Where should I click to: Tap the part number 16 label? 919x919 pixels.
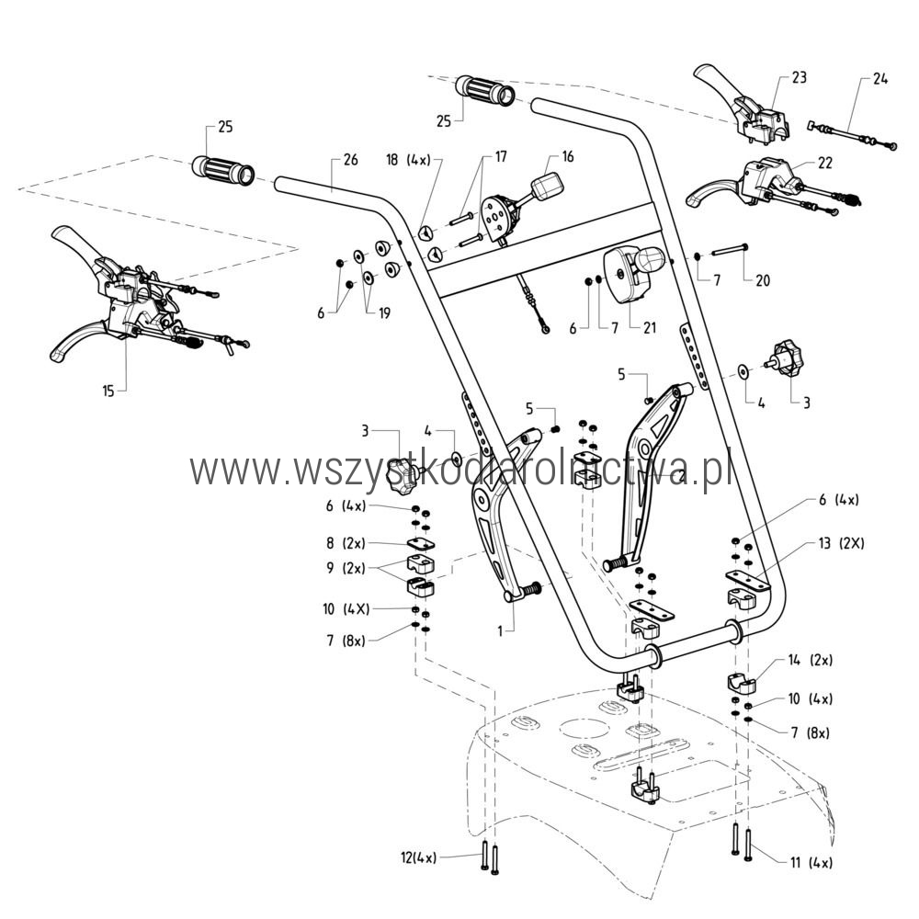[567, 157]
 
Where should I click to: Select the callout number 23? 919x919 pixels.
[799, 78]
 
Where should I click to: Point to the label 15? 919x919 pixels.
[109, 391]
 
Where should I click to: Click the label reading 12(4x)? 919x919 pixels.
[419, 857]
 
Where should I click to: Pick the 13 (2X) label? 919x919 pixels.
[840, 543]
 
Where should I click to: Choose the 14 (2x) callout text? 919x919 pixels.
[810, 660]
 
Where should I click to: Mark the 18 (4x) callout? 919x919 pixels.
[407, 159]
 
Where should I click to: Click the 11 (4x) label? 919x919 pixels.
[811, 863]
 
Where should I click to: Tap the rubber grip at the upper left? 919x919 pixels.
[221, 170]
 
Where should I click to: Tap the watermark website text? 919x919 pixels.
[459, 470]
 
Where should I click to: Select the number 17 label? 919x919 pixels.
[501, 157]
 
